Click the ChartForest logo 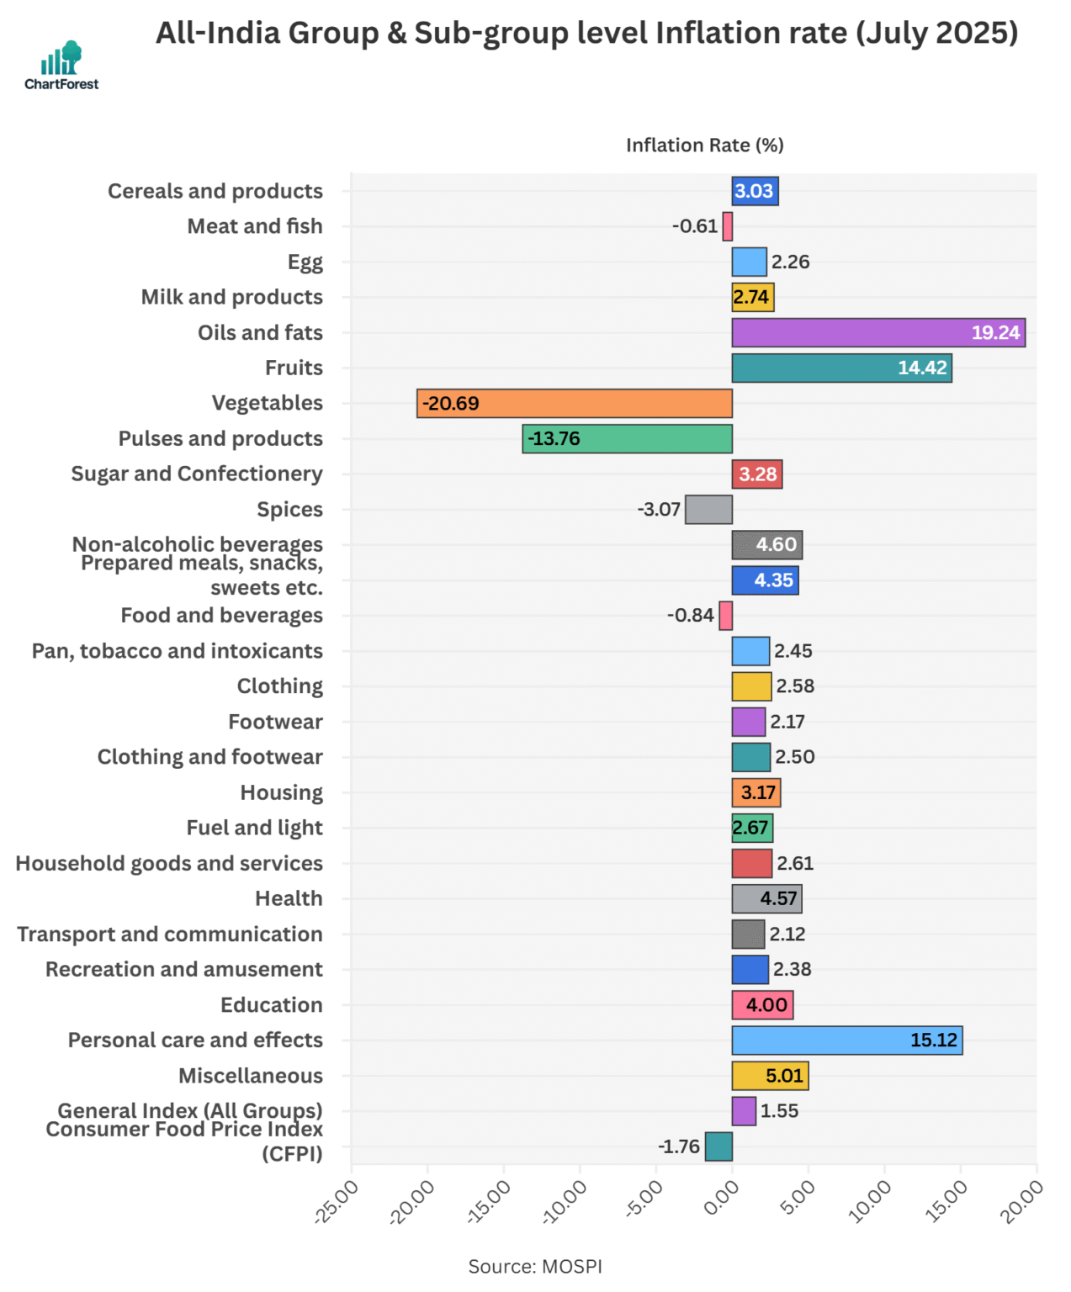pyautogui.click(x=61, y=66)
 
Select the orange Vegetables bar pyautogui.click(x=574, y=404)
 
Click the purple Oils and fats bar pyautogui.click(x=877, y=333)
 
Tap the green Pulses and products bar pyautogui.click(x=627, y=439)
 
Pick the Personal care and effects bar pyautogui.click(x=846, y=1040)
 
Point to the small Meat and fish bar pyautogui.click(x=727, y=227)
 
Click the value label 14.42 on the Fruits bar pyautogui.click(x=921, y=368)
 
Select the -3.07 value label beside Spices pyautogui.click(x=658, y=510)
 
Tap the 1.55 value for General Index pyautogui.click(x=779, y=1111)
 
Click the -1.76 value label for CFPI pyautogui.click(x=678, y=1146)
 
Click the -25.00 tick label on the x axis pyautogui.click(x=337, y=1201)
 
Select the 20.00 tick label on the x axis pyautogui.click(x=1021, y=1201)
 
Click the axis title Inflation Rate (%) pyautogui.click(x=704, y=146)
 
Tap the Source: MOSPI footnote pyautogui.click(x=535, y=1267)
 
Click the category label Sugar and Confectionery pyautogui.click(x=197, y=474)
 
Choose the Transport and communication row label pyautogui.click(x=170, y=935)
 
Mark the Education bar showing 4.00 pyautogui.click(x=761, y=1005)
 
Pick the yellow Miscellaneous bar pyautogui.click(x=769, y=1076)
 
